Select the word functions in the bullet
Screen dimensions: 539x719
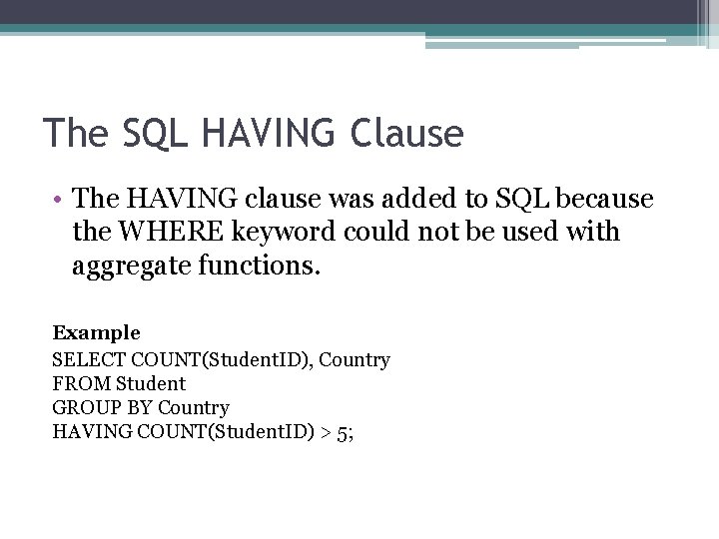262,267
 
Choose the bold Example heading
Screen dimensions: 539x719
97,332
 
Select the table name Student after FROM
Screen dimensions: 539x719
151,383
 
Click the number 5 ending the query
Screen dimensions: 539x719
343,432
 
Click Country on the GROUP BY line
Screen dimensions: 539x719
194,408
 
